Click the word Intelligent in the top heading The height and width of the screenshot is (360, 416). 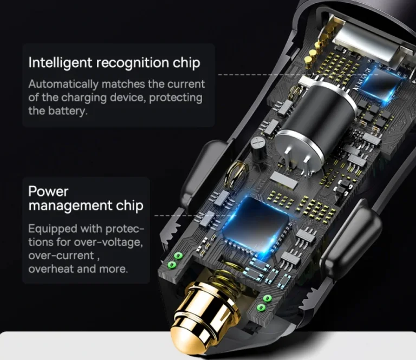coord(60,63)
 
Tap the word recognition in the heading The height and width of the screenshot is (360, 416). coord(133,63)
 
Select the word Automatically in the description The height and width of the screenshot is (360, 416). coord(63,85)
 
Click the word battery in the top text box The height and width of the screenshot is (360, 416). coord(68,111)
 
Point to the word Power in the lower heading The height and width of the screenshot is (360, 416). coord(48,191)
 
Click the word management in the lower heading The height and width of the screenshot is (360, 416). coord(70,205)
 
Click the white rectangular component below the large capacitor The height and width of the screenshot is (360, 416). coord(284,181)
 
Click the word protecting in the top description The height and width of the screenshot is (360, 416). coord(175,98)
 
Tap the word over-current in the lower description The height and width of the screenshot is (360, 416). coord(61,256)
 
